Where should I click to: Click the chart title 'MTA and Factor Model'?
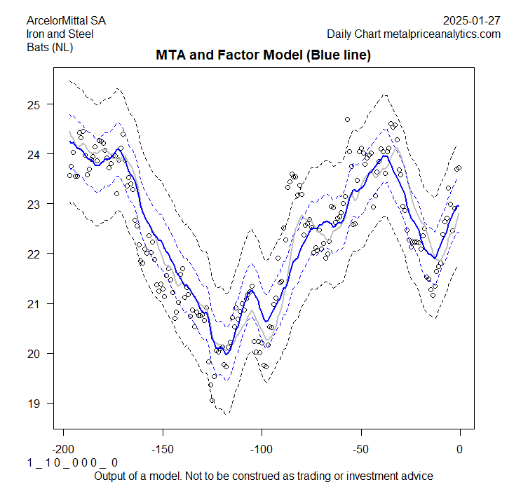pyautogui.click(x=263, y=55)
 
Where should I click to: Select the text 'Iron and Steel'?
pyautogui.click(x=59, y=34)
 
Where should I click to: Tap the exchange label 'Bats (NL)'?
pyautogui.click(x=48, y=48)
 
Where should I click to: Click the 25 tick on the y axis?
pyautogui.click(x=33, y=104)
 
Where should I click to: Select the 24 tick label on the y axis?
pyautogui.click(x=33, y=154)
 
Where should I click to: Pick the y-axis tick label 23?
pyautogui.click(x=33, y=204)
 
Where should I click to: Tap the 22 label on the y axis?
pyautogui.click(x=33, y=254)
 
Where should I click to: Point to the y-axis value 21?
pyautogui.click(x=33, y=303)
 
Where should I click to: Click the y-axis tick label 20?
pyautogui.click(x=33, y=353)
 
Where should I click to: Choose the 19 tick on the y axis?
pyautogui.click(x=33, y=403)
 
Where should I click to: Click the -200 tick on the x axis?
pyautogui.click(x=63, y=449)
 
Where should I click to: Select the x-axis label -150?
pyautogui.click(x=162, y=449)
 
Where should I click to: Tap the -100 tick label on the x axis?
pyautogui.click(x=262, y=449)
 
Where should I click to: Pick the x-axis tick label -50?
pyautogui.click(x=360, y=449)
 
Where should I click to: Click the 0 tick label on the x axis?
pyautogui.click(x=460, y=449)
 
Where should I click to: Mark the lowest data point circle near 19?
pyautogui.click(x=212, y=400)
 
